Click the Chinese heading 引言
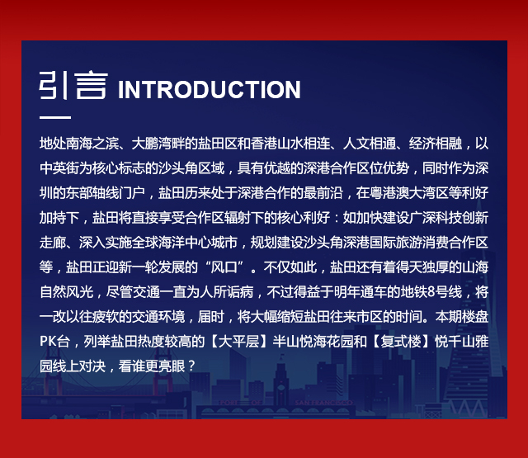click(x=73, y=85)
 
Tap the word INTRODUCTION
click(x=209, y=90)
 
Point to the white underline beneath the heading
click(x=55, y=117)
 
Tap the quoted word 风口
click(x=224, y=267)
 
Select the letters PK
click(x=48, y=342)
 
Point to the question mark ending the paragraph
click(x=191, y=366)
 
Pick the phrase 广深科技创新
click(x=449, y=218)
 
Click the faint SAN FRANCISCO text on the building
click(x=323, y=403)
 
